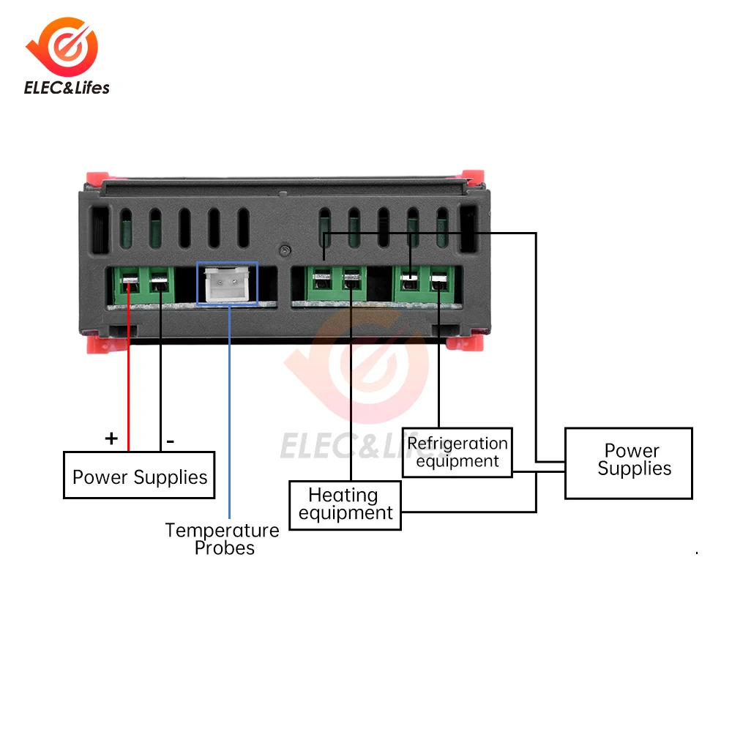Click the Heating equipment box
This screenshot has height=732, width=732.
pyautogui.click(x=345, y=505)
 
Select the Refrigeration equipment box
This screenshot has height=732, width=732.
pyautogui.click(x=457, y=452)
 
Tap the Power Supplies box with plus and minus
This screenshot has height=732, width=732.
pyautogui.click(x=139, y=475)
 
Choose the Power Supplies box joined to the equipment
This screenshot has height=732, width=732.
pyautogui.click(x=629, y=463)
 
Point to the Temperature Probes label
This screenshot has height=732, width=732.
pyautogui.click(x=223, y=539)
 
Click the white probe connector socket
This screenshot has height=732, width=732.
pyautogui.click(x=228, y=284)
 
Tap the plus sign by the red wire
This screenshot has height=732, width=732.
pyautogui.click(x=111, y=438)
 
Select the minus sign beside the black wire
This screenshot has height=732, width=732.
pyautogui.click(x=171, y=441)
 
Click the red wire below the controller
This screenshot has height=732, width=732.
pyautogui.click(x=128, y=369)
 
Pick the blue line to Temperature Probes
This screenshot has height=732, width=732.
pyautogui.click(x=229, y=411)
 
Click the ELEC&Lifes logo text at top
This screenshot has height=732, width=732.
pyautogui.click(x=67, y=88)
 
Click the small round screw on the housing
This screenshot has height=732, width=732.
pyautogui.click(x=285, y=250)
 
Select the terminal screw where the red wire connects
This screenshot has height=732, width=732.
pyautogui.click(x=130, y=282)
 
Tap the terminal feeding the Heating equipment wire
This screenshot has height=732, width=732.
pyautogui.click(x=351, y=281)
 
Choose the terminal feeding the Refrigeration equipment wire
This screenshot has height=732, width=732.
pyautogui.click(x=438, y=282)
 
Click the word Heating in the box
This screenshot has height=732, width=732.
pyautogui.click(x=343, y=496)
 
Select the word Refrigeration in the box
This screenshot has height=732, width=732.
pyautogui.click(x=457, y=443)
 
